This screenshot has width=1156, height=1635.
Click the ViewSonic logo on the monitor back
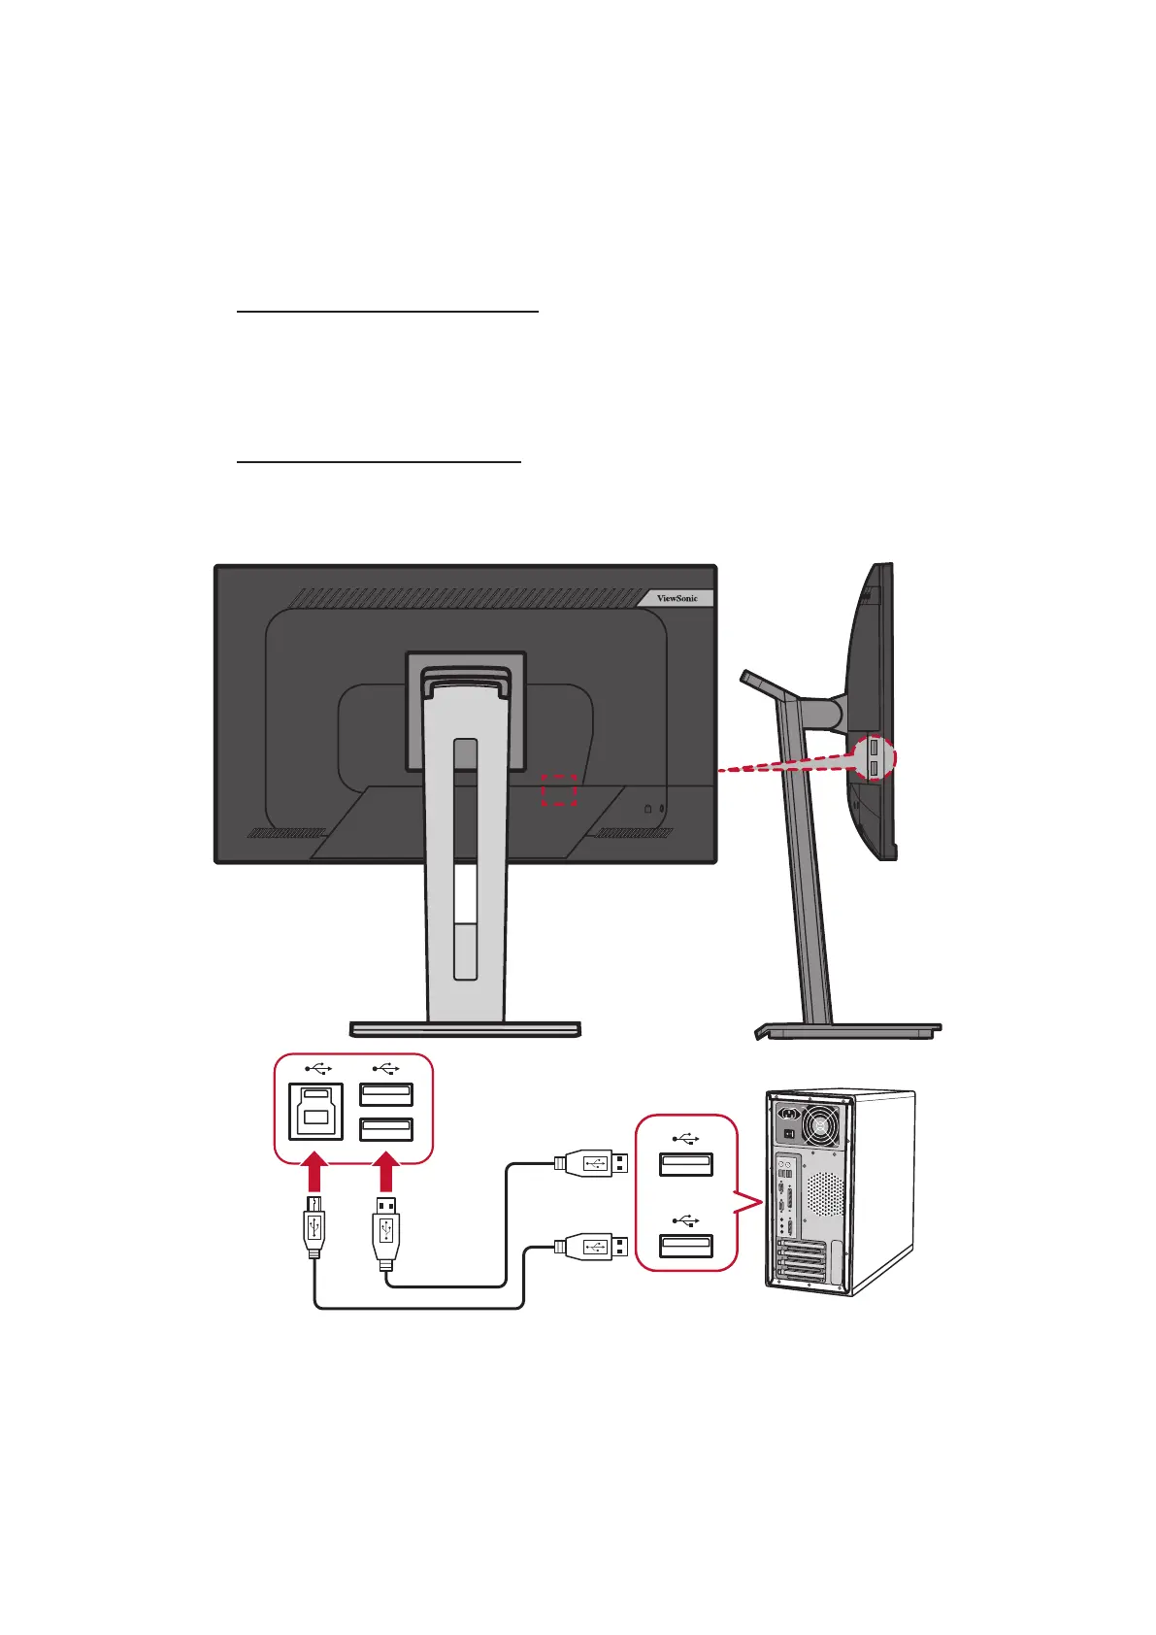tap(677, 598)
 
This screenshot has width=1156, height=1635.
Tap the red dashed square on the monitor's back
tap(559, 790)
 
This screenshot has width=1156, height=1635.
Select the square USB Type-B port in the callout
tap(315, 1111)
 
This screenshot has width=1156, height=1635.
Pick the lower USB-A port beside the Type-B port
tap(386, 1129)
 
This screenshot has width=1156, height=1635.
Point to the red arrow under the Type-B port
tap(314, 1171)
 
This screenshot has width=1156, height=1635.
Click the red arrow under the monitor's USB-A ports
tap(386, 1171)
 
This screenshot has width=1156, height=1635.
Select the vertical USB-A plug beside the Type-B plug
tap(385, 1233)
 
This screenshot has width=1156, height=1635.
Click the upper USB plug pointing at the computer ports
tap(591, 1162)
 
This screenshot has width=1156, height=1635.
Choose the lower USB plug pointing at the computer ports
tap(591, 1246)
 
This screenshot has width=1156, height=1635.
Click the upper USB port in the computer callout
tap(686, 1164)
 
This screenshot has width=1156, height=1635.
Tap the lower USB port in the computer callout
tap(686, 1246)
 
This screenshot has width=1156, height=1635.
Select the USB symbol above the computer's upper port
tap(685, 1137)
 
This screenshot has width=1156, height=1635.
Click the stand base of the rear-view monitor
tap(466, 1028)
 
